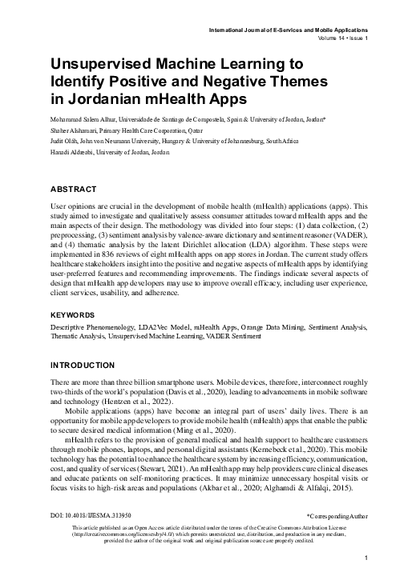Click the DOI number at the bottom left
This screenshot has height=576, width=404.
[x=90, y=518]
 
